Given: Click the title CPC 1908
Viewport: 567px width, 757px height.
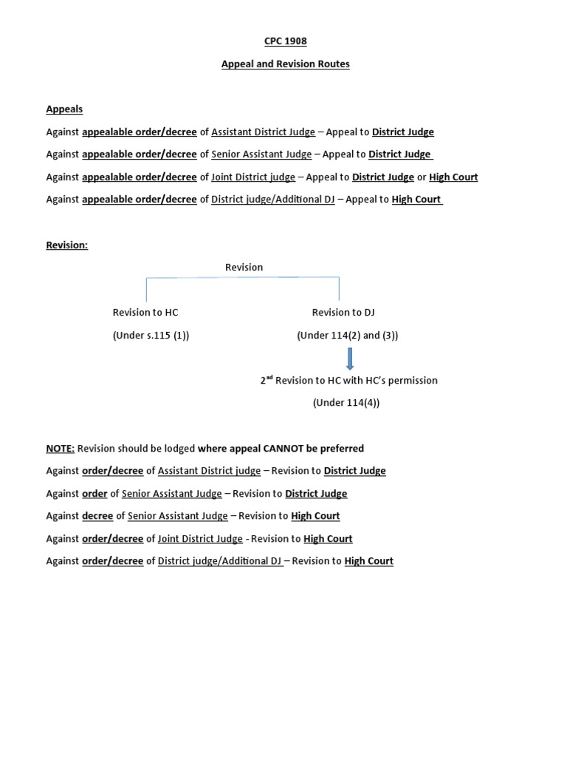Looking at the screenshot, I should [285, 41].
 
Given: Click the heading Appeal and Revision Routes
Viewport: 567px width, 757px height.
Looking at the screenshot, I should [285, 64].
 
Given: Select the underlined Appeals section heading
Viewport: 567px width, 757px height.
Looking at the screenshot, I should [64, 109].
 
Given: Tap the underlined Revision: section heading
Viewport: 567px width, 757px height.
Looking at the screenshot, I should [66, 245].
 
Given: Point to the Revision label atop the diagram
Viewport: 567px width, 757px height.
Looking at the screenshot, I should [244, 268].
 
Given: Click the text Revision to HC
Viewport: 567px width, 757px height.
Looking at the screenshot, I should [145, 313].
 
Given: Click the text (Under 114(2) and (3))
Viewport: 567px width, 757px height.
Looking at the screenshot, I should [347, 336].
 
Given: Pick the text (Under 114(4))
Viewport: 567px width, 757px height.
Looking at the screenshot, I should [346, 403].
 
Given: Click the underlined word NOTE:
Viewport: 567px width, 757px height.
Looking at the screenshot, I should [60, 449].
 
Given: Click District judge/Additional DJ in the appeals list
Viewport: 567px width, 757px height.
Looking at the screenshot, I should [273, 200].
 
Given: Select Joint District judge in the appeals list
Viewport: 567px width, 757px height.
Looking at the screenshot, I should [253, 177].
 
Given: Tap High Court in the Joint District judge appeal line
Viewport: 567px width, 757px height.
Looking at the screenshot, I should [453, 177].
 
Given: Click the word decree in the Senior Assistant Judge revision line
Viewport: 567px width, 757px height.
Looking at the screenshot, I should [98, 516].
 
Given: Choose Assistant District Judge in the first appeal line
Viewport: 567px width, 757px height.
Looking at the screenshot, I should [263, 132].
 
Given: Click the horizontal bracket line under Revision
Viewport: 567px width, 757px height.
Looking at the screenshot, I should [242, 278].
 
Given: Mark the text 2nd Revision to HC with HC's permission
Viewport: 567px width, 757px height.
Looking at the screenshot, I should [348, 381].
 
